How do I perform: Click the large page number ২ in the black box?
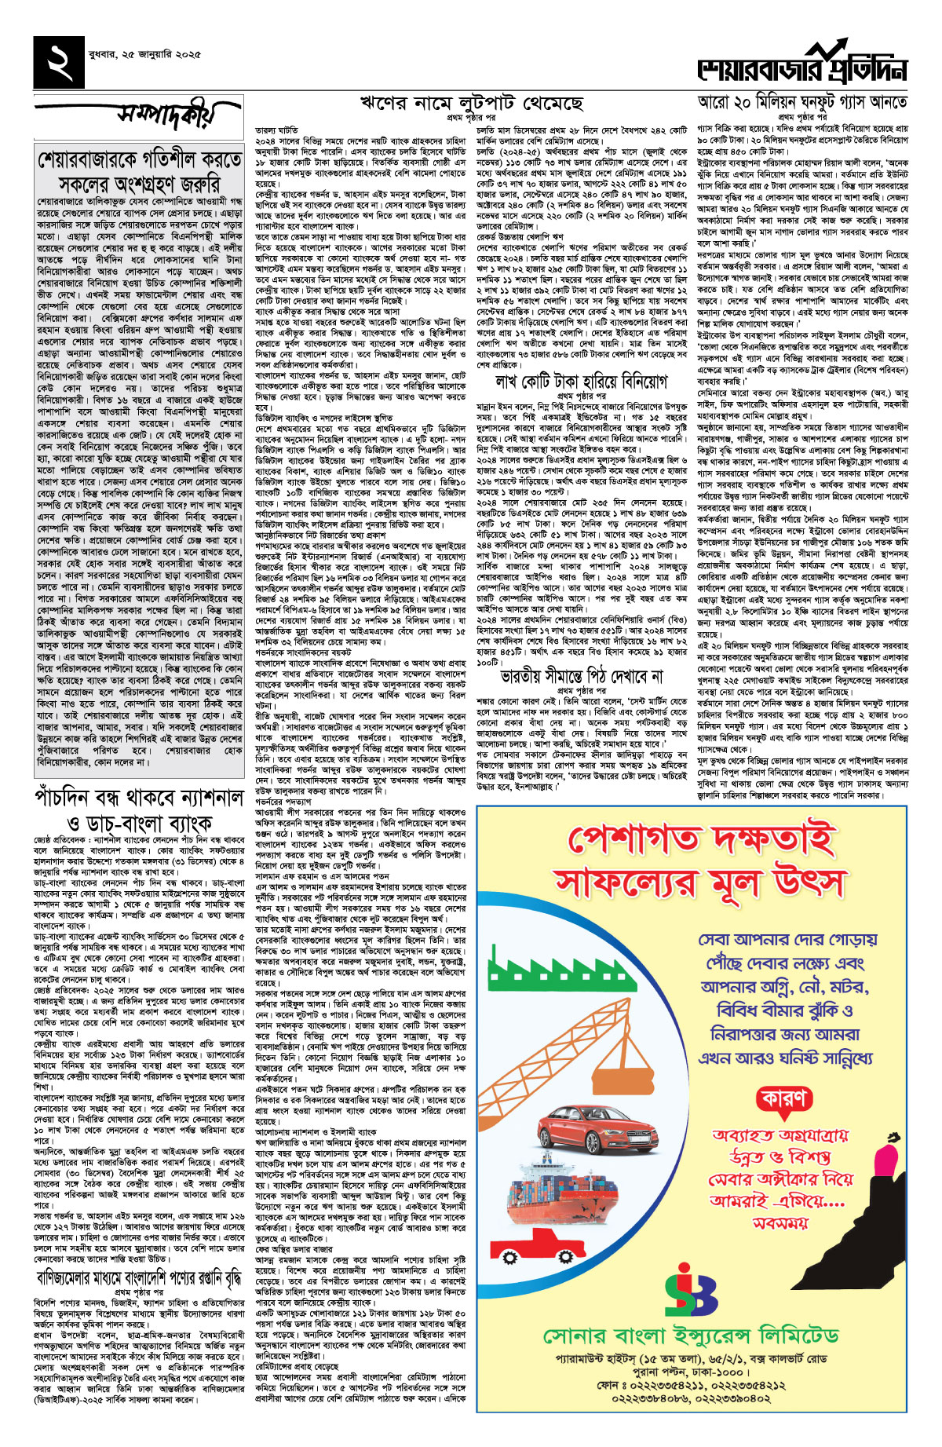tap(62, 62)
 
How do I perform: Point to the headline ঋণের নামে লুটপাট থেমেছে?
tap(471, 103)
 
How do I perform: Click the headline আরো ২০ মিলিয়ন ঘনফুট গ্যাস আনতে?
tap(802, 102)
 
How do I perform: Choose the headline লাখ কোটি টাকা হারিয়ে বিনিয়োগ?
tap(581, 382)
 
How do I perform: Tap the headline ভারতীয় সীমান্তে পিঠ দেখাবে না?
tap(581, 675)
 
